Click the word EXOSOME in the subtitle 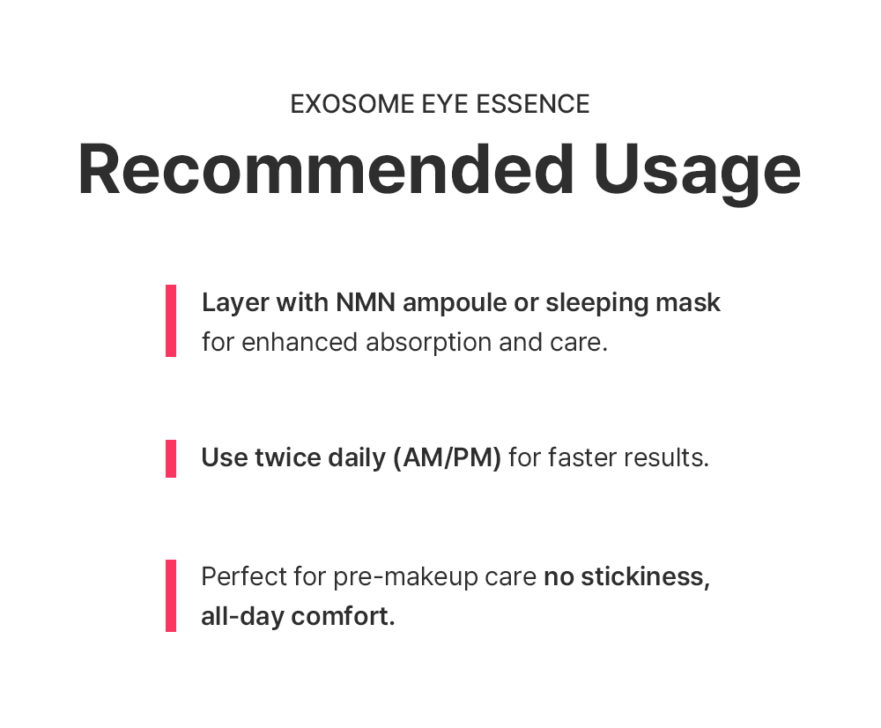352,104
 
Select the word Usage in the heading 697,173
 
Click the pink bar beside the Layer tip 171,321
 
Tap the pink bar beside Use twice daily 171,458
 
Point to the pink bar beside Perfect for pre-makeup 171,595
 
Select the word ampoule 455,304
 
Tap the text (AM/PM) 448,458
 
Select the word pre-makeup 405,578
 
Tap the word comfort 344,617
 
